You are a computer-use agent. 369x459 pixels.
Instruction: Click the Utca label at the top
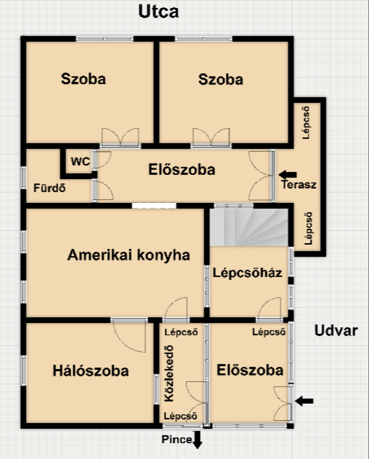coord(158,11)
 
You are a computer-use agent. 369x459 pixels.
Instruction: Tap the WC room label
coord(80,161)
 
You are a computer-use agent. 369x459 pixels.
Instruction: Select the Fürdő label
coord(49,188)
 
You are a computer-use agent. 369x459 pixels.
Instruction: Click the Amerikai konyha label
coord(129,255)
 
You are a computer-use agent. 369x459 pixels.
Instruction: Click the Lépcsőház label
coord(247,273)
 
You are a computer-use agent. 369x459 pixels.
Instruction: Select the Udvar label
coord(336,331)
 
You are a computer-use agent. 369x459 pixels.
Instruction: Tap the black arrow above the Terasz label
coord(288,175)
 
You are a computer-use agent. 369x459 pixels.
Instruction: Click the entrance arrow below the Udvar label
coord(304,401)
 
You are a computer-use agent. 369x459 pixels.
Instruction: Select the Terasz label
coord(299,184)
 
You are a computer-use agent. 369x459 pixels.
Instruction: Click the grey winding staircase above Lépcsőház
coord(249,227)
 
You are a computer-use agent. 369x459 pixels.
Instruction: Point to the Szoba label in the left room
coord(83,79)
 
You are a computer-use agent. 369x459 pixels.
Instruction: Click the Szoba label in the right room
coord(221,79)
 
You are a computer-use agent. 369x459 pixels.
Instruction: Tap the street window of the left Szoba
coord(105,39)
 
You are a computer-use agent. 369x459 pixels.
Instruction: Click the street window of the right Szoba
coord(204,39)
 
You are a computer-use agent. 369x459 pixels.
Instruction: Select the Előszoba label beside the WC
coord(182,170)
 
